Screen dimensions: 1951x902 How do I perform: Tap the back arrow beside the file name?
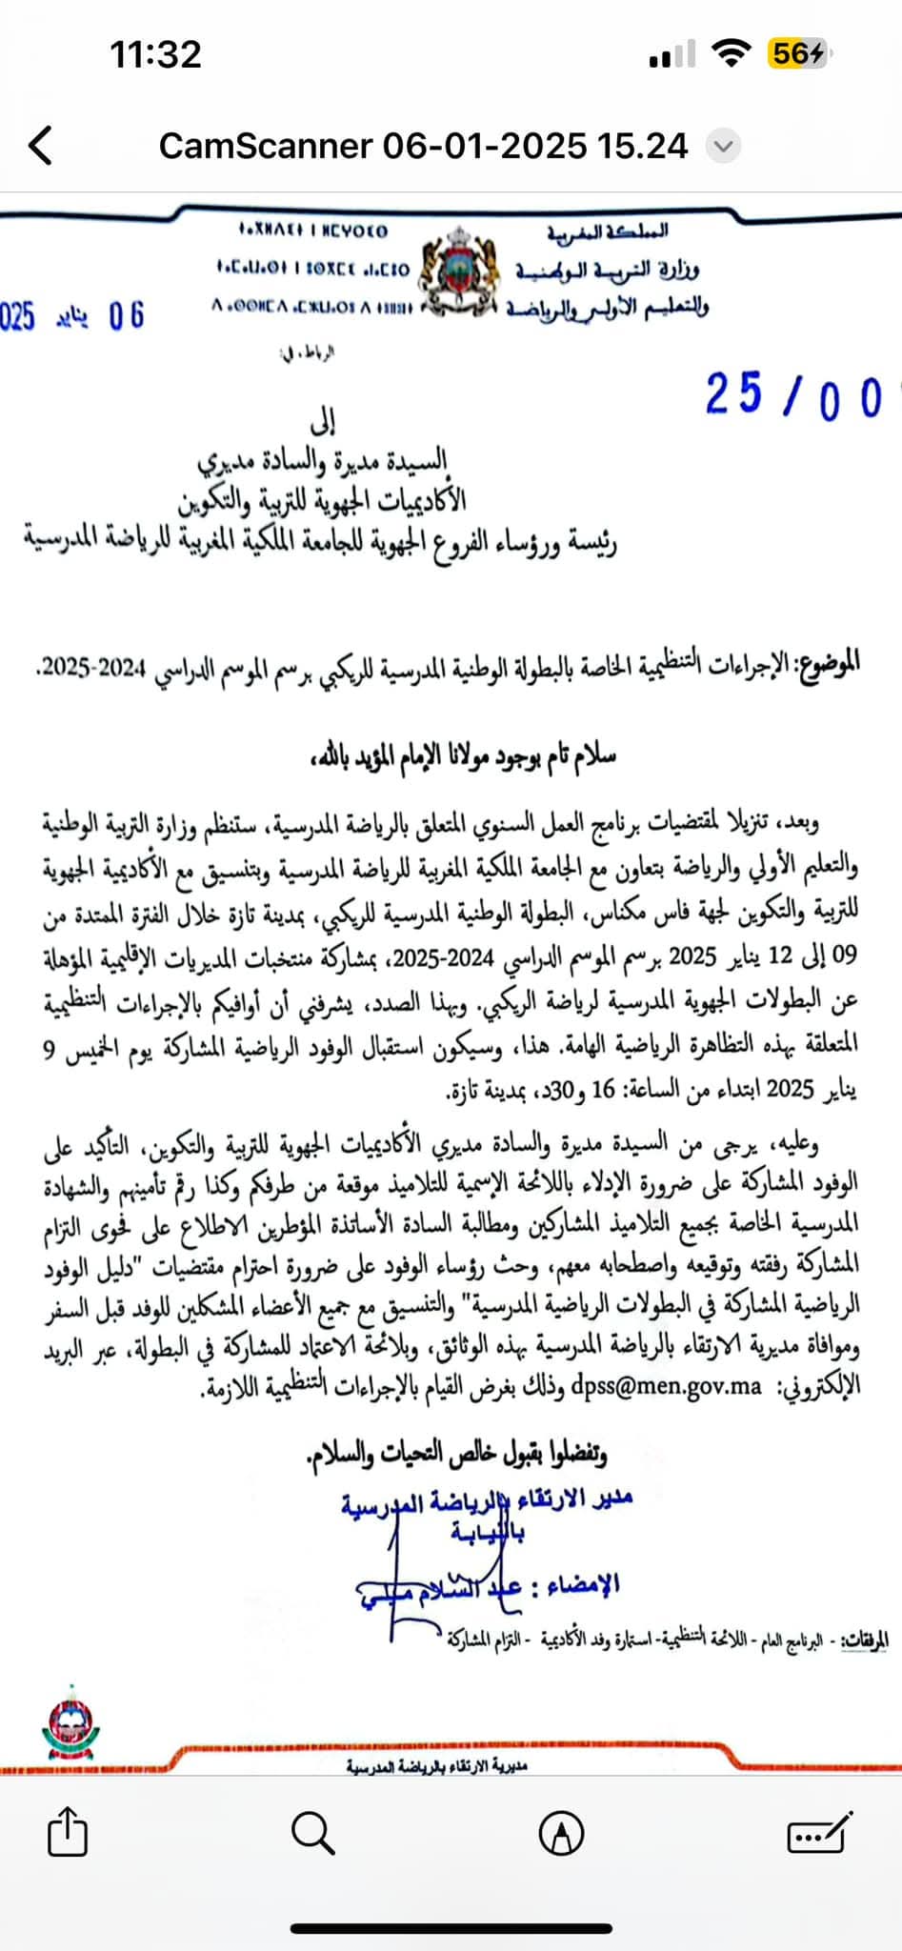[40, 146]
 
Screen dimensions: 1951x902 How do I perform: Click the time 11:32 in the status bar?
[155, 54]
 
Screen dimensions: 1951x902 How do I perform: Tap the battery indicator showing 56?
[796, 54]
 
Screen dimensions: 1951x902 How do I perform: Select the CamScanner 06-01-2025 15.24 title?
[423, 146]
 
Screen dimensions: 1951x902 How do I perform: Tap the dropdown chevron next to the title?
[724, 147]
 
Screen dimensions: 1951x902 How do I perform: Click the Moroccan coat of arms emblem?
[460, 272]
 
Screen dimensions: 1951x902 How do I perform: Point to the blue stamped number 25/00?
[794, 395]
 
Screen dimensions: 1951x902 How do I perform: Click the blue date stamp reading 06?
[126, 315]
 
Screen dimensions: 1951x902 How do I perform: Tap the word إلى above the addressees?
[323, 421]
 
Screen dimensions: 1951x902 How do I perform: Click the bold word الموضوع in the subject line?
[830, 661]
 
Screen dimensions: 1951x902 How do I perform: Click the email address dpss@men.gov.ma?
[666, 1387]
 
